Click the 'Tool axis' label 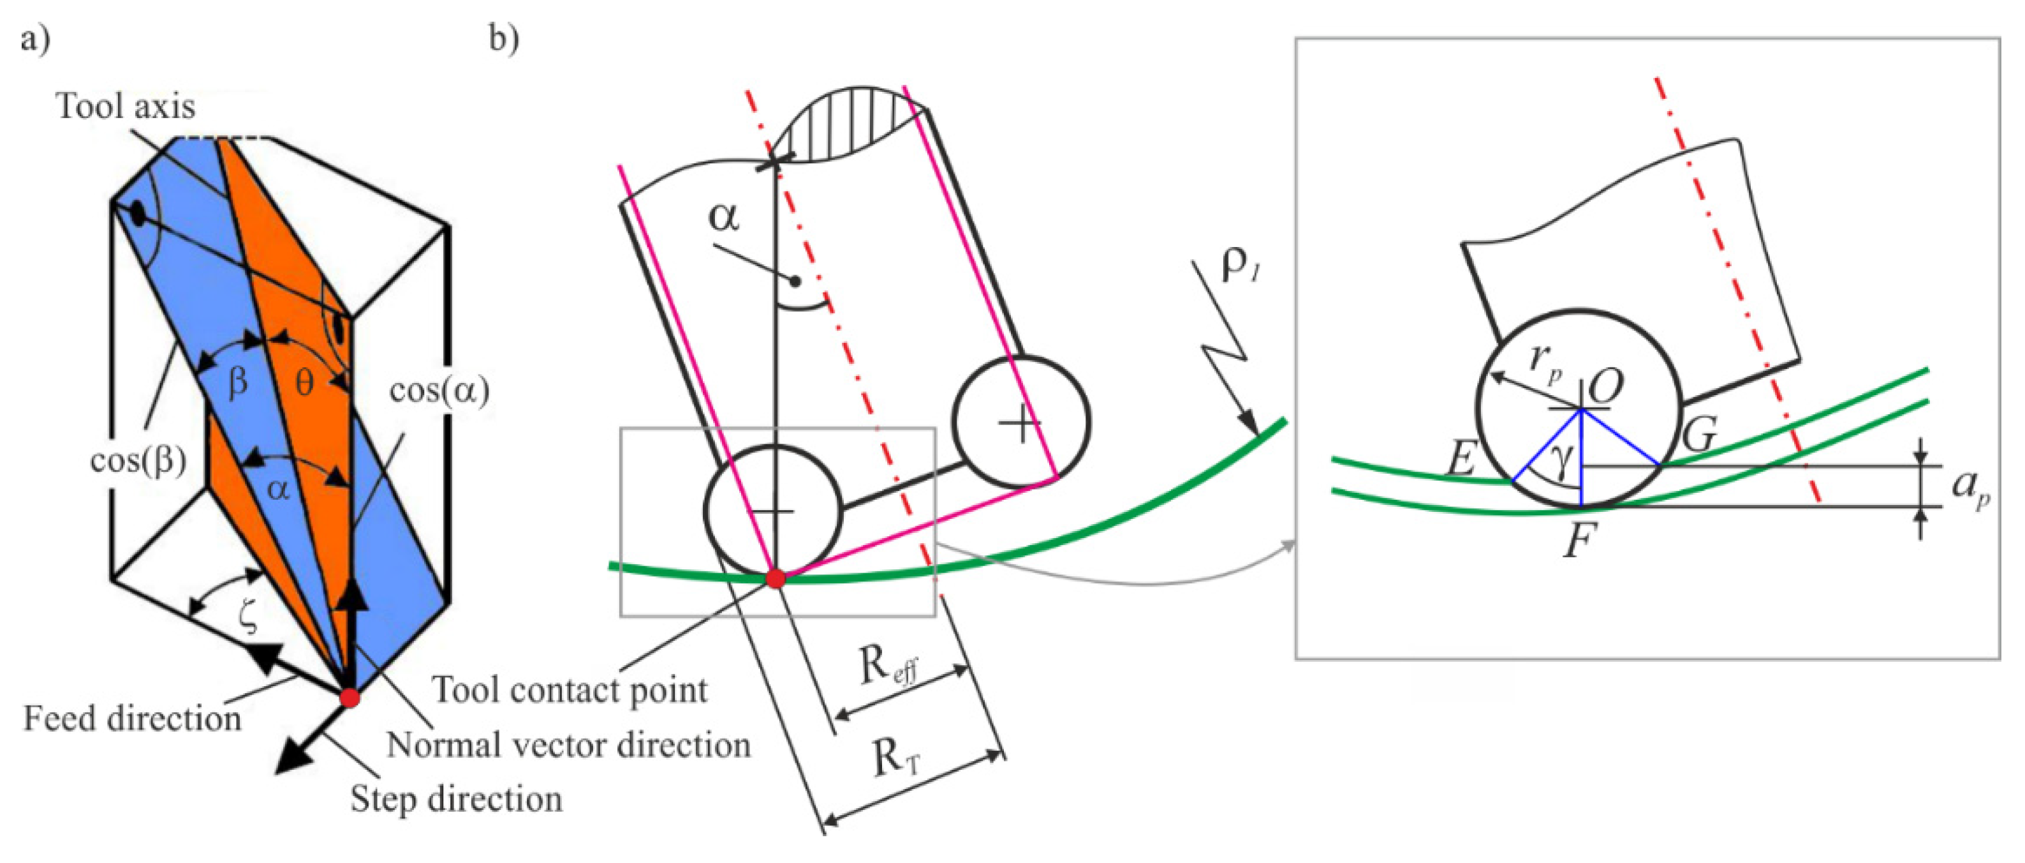coord(126,106)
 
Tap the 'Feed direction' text coord(132,718)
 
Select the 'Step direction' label coord(457,799)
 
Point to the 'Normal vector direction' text coord(568,745)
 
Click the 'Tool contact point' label coord(570,690)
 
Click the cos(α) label coord(439,390)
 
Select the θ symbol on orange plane coord(304,382)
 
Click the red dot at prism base coord(349,698)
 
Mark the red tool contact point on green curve coord(775,579)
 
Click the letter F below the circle coord(1579,541)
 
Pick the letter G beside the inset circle coord(1700,433)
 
